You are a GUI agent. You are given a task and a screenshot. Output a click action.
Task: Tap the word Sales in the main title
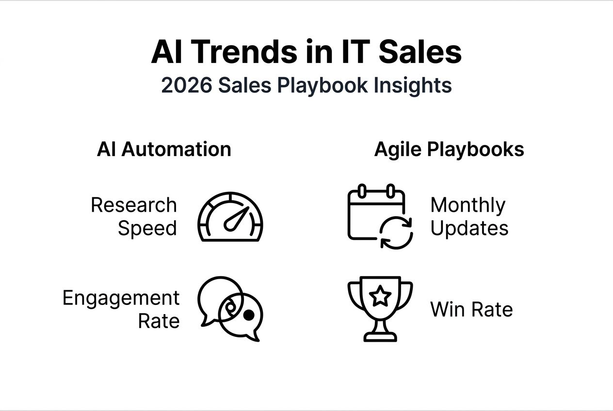click(420, 52)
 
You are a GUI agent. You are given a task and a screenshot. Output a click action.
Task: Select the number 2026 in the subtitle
click(186, 85)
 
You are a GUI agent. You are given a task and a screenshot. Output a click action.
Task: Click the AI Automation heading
click(164, 149)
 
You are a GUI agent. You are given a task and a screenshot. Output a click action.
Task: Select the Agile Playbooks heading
click(449, 149)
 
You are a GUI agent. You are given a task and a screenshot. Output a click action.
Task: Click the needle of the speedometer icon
click(237, 219)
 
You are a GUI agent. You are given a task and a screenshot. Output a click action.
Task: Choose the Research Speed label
click(134, 217)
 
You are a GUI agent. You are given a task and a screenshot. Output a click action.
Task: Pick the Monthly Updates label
click(468, 217)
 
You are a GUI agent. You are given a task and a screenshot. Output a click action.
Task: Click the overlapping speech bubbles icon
click(230, 308)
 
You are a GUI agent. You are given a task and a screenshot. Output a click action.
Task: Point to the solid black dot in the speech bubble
click(248, 315)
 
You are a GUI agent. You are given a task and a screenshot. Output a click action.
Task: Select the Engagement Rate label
click(121, 309)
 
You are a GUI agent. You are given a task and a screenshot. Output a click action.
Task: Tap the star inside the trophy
click(381, 295)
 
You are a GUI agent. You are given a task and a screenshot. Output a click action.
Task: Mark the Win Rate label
click(471, 309)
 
